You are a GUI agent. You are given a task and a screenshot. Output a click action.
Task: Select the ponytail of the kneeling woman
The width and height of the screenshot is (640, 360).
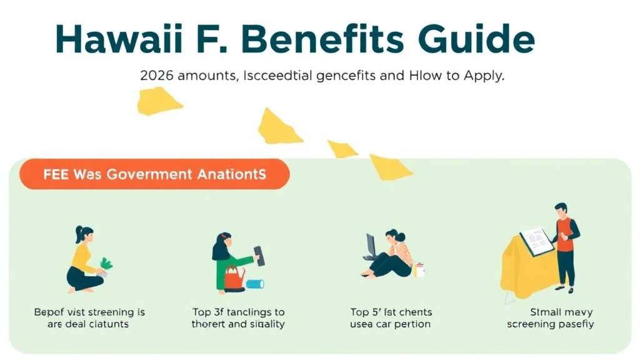[78, 233]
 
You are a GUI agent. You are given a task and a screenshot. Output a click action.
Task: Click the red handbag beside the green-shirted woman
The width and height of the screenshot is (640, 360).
[234, 278]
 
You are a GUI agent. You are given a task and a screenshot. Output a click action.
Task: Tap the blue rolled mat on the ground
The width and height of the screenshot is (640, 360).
[254, 284]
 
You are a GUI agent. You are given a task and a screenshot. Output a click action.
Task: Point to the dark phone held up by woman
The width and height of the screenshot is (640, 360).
[259, 256]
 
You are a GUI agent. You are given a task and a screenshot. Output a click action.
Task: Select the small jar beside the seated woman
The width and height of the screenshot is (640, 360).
[419, 270]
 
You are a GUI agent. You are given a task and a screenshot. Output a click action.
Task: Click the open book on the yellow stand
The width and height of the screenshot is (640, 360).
[536, 241]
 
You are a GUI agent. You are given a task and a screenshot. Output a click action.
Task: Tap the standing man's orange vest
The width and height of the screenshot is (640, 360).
[564, 234]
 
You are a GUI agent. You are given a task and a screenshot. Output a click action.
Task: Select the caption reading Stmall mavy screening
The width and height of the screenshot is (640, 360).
[551, 318]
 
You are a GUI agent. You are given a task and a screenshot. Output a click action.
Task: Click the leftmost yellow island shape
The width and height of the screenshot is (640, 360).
[159, 101]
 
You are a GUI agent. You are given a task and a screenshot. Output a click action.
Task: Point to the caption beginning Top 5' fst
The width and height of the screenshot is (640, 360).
[391, 318]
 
